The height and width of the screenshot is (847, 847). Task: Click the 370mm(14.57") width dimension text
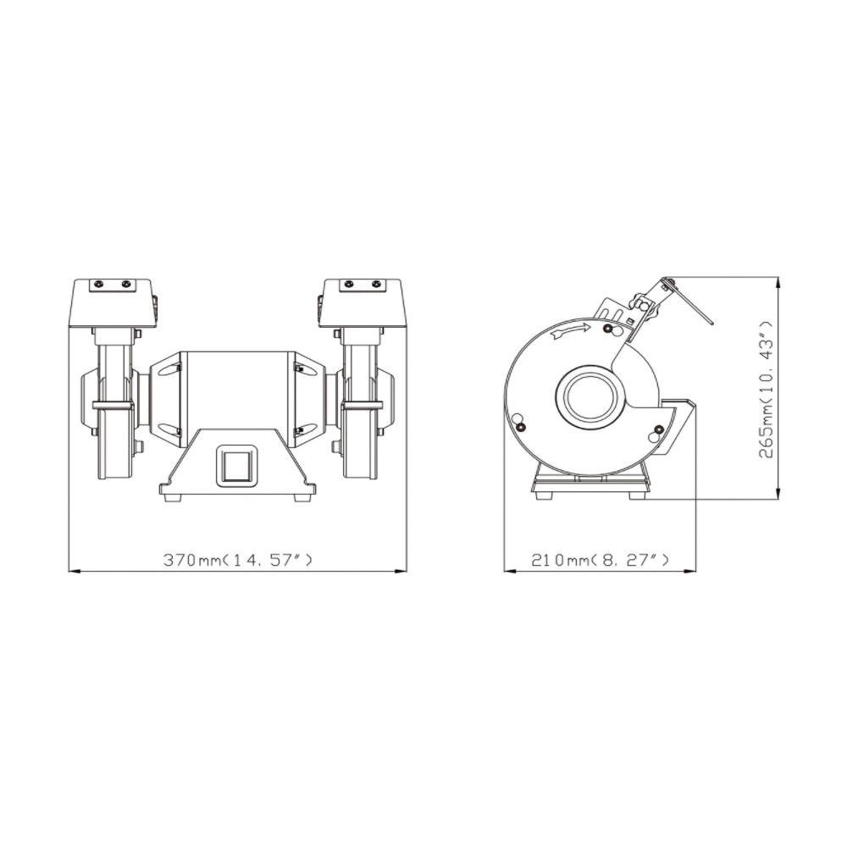(238, 560)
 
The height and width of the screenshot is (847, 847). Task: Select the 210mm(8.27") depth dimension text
(601, 560)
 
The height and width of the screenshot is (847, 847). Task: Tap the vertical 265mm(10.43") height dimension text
(766, 389)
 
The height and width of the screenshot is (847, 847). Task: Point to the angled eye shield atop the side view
(690, 301)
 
